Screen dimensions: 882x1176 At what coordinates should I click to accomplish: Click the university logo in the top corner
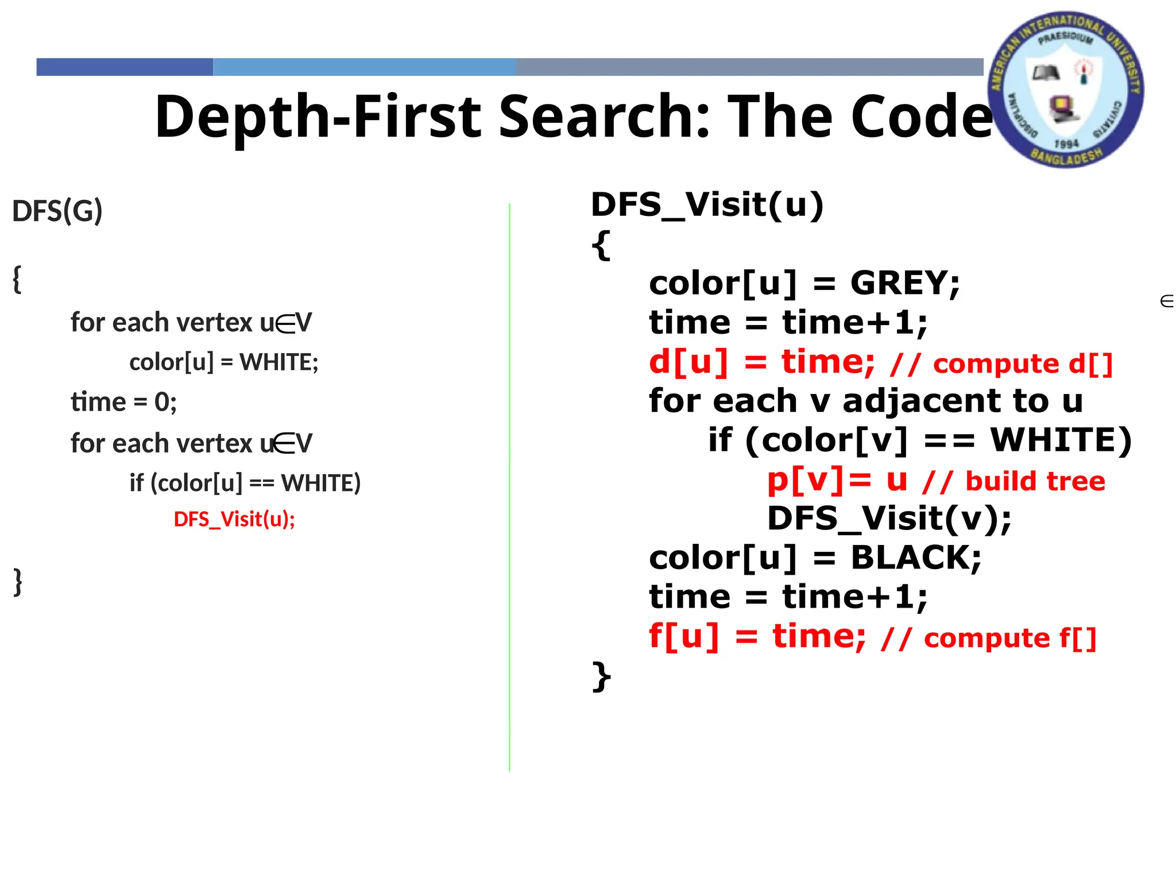(1066, 90)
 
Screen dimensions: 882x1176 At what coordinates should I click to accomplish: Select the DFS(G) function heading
(57, 211)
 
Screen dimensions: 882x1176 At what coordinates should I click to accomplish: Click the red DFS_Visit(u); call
(234, 519)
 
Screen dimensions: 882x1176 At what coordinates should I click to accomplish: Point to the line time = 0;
(123, 402)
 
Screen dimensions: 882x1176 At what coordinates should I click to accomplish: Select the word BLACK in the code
(915, 558)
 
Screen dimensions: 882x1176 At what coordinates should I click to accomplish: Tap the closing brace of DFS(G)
(18, 582)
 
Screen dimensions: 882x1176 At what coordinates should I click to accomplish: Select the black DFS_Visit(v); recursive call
(889, 519)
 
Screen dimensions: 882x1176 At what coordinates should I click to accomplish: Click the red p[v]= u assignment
(837, 479)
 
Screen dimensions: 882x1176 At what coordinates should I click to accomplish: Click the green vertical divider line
(509, 488)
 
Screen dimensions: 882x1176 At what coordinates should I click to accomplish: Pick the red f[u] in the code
(683, 636)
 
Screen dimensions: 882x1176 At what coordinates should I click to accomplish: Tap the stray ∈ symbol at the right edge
(1166, 301)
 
